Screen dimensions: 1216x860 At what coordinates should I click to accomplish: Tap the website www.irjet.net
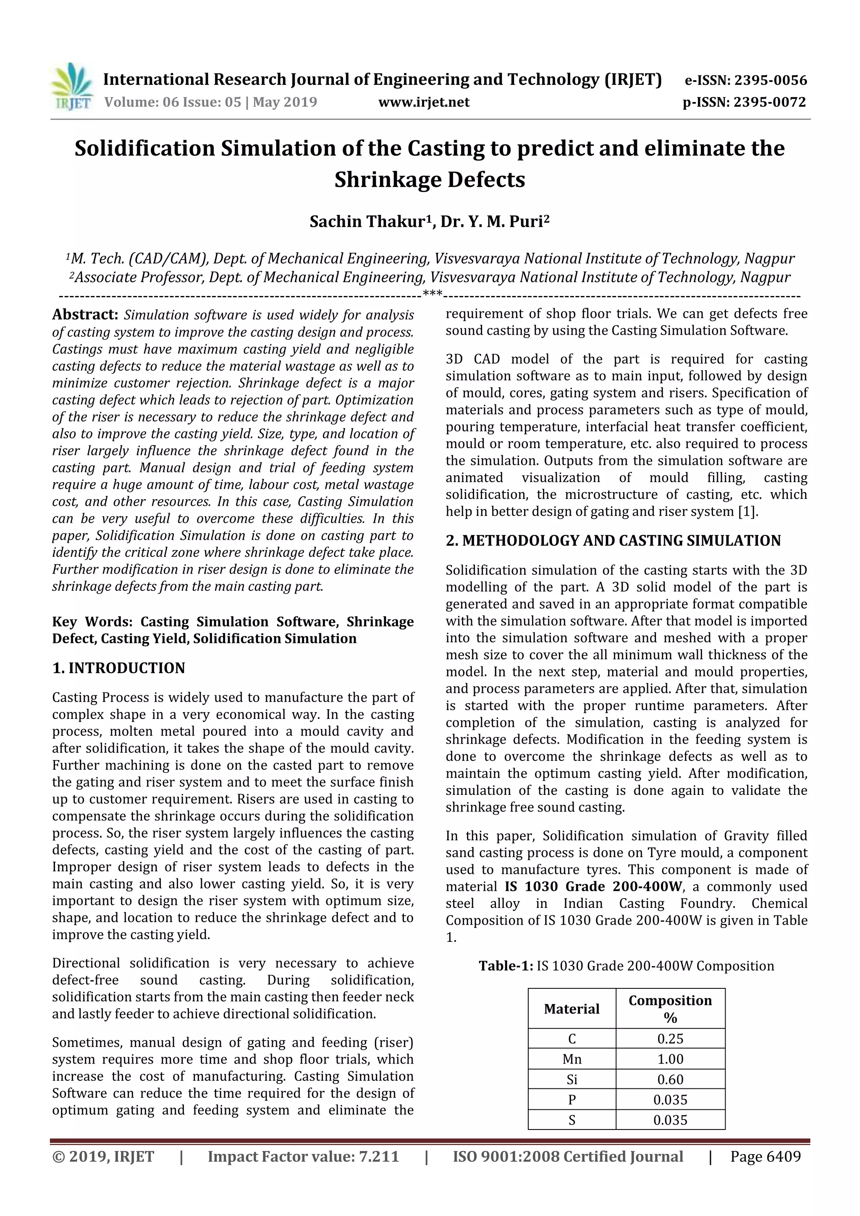point(424,102)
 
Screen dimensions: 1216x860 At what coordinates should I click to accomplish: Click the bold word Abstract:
point(85,314)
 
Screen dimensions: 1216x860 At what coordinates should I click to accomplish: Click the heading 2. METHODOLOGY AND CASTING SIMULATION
point(613,541)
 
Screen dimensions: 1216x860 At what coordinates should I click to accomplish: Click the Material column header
point(572,1009)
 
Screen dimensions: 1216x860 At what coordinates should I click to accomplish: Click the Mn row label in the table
point(572,1059)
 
